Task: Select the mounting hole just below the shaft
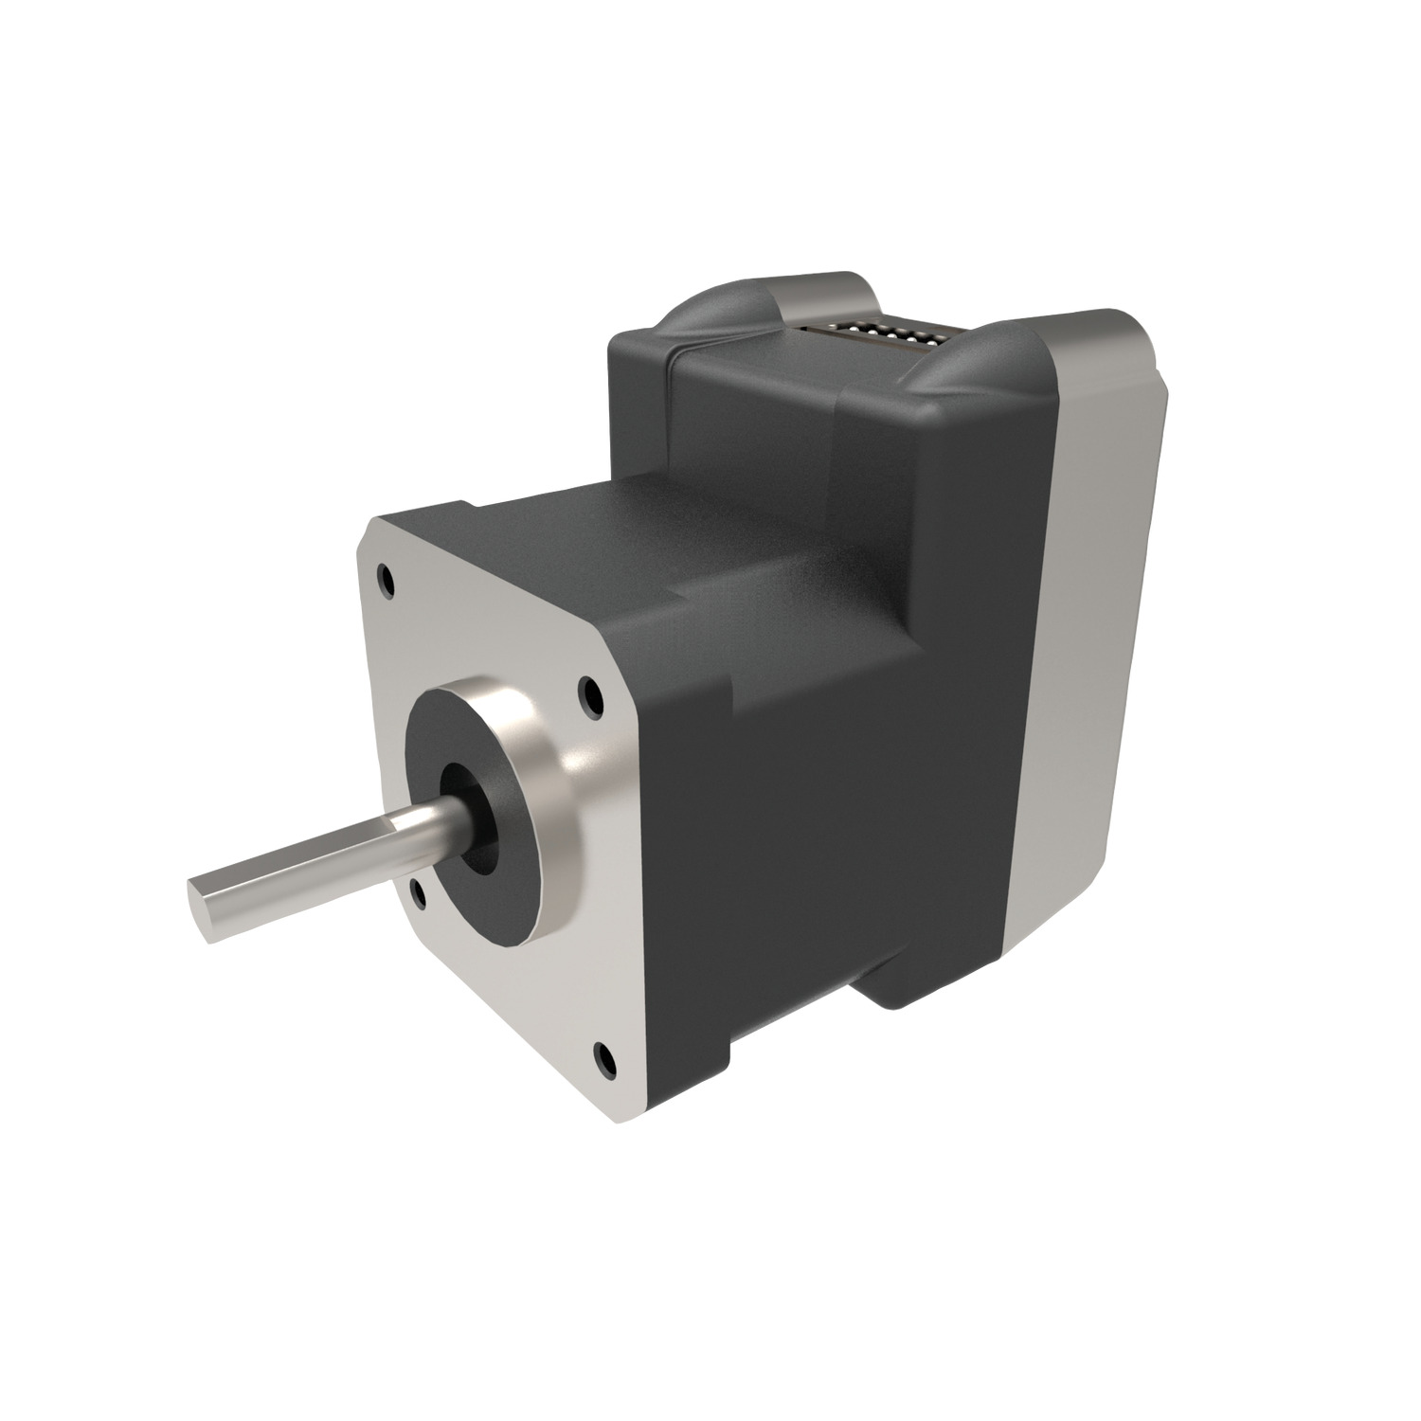[x=416, y=888]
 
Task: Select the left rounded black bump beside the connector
[x=720, y=317]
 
